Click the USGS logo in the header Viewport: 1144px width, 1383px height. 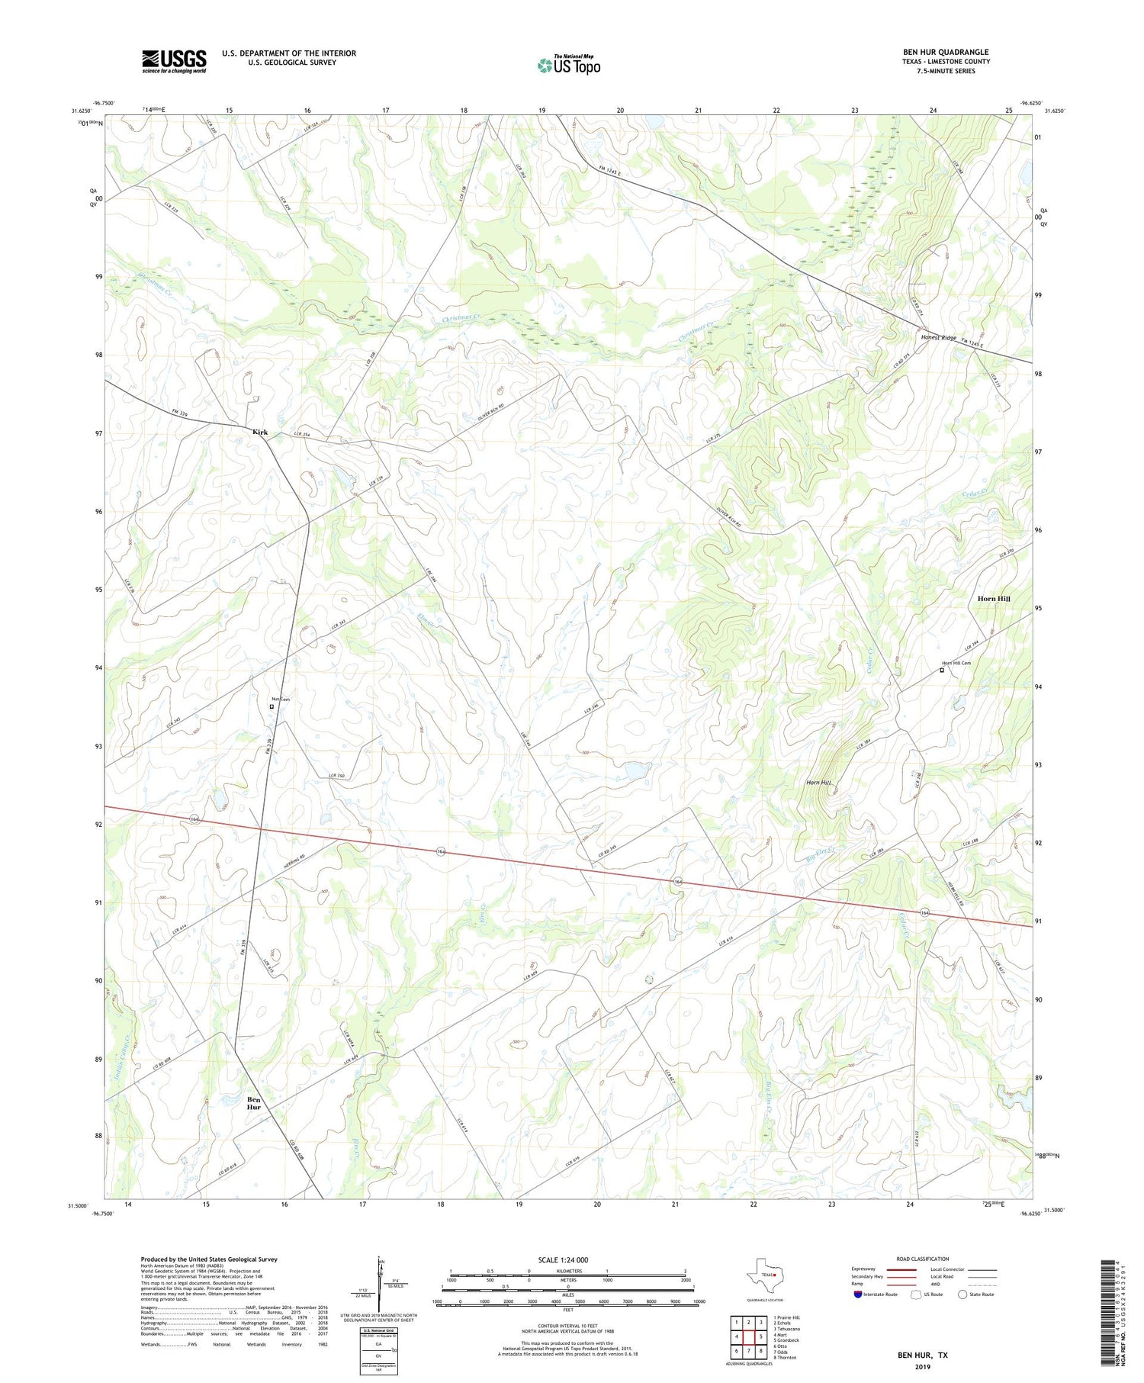tap(174, 61)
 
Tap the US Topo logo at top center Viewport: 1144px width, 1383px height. tap(568, 66)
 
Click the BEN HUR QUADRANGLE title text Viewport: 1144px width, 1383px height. tap(945, 52)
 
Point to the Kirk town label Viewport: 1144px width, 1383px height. tap(260, 432)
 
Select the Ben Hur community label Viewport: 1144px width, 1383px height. tap(254, 1103)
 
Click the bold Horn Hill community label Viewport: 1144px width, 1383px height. tap(993, 599)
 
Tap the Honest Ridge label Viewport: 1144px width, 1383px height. tap(938, 337)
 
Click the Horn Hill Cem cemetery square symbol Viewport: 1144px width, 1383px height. tap(941, 671)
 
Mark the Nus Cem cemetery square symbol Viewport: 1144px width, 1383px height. tap(272, 706)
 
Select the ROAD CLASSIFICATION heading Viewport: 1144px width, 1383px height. tap(922, 1259)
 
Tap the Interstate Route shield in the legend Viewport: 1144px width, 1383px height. tap(859, 1295)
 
